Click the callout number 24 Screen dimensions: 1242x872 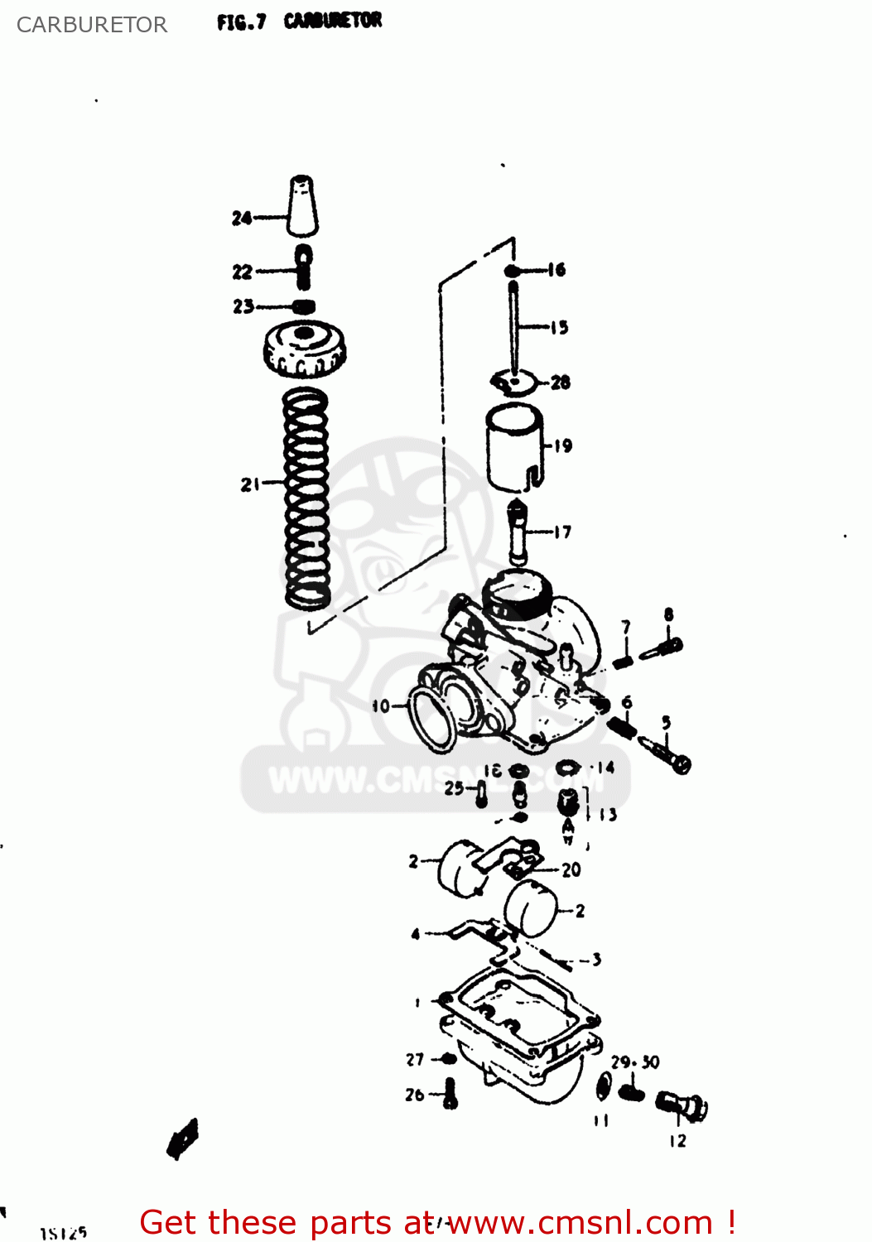241,218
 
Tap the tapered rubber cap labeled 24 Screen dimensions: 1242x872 303,206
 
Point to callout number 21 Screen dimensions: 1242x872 250,484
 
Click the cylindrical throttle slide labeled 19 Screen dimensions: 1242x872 514,448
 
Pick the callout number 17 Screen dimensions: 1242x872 563,532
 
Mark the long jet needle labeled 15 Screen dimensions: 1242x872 515,327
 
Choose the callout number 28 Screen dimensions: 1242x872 561,383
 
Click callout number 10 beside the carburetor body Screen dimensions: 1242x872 380,706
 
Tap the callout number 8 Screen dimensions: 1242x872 668,614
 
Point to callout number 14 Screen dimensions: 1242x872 606,768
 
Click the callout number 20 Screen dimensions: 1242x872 571,869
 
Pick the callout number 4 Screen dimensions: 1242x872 416,934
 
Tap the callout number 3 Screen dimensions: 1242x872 596,960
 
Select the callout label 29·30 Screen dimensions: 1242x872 635,1062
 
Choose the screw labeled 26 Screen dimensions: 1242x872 450,1093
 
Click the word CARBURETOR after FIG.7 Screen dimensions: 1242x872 333,21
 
